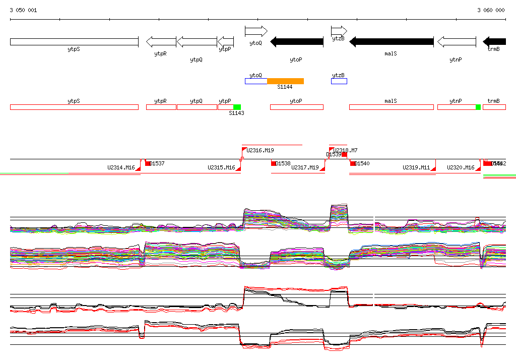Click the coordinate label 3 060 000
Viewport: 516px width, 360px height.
pyautogui.click(x=491, y=10)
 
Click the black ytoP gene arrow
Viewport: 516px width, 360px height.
pyautogui.click(x=297, y=42)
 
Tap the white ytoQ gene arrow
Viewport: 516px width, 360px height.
pyautogui.click(x=256, y=31)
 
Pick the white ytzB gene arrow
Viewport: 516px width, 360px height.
pyautogui.click(x=339, y=31)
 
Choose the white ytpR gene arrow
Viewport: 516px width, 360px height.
pyautogui.click(x=161, y=42)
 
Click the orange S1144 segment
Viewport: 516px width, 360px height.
pyautogui.click(x=285, y=81)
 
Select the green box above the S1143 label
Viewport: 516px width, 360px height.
pyautogui.click(x=237, y=107)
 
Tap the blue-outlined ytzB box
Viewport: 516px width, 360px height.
pyautogui.click(x=339, y=81)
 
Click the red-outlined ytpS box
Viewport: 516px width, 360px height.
pyautogui.click(x=74, y=107)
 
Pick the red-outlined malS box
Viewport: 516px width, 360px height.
pyautogui.click(x=391, y=107)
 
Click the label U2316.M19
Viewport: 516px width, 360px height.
pyautogui.click(x=260, y=150)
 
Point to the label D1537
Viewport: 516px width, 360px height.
pyautogui.click(x=158, y=163)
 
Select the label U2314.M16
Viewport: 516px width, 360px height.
pyautogui.click(x=121, y=167)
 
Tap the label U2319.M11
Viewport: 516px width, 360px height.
pyautogui.click(x=416, y=167)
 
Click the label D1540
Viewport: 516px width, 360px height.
pyautogui.click(x=362, y=163)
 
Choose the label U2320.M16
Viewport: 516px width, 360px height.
pyautogui.click(x=461, y=167)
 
